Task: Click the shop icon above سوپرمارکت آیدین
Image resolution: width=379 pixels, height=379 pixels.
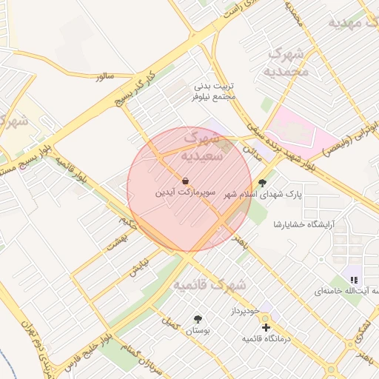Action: [x=184, y=181]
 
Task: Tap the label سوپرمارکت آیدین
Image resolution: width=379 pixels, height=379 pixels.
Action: [x=185, y=192]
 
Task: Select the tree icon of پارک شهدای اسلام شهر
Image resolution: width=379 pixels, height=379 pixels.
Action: [x=261, y=182]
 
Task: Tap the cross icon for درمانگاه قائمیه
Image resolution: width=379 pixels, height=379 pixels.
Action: [x=266, y=326]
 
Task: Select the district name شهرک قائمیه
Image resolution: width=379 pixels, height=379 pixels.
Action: [x=209, y=285]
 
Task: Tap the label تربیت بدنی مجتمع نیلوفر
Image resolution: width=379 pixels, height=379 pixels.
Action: [x=213, y=92]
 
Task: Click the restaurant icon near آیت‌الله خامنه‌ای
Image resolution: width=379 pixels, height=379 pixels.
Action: [x=354, y=280]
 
